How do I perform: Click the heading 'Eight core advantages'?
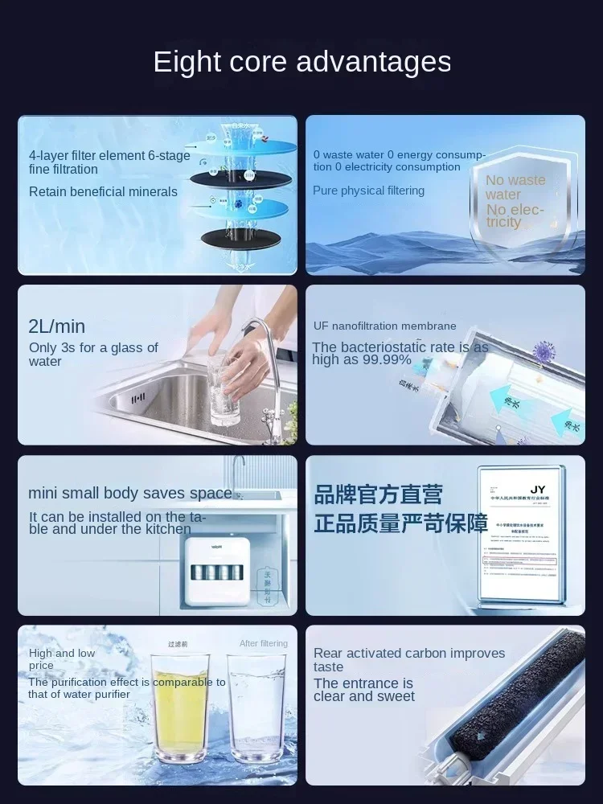[x=301, y=62]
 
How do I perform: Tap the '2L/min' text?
[x=56, y=326]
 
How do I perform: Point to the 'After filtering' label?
[x=263, y=644]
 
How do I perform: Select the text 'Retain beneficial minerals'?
[x=103, y=191]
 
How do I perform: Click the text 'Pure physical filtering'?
[x=368, y=191]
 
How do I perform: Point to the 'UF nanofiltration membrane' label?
[x=384, y=326]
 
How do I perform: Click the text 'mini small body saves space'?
[x=129, y=494]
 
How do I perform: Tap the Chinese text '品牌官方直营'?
[x=378, y=494]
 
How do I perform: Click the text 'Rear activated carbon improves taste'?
[x=408, y=660]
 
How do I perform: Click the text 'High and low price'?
[x=62, y=659]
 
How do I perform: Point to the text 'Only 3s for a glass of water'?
[x=93, y=355]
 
